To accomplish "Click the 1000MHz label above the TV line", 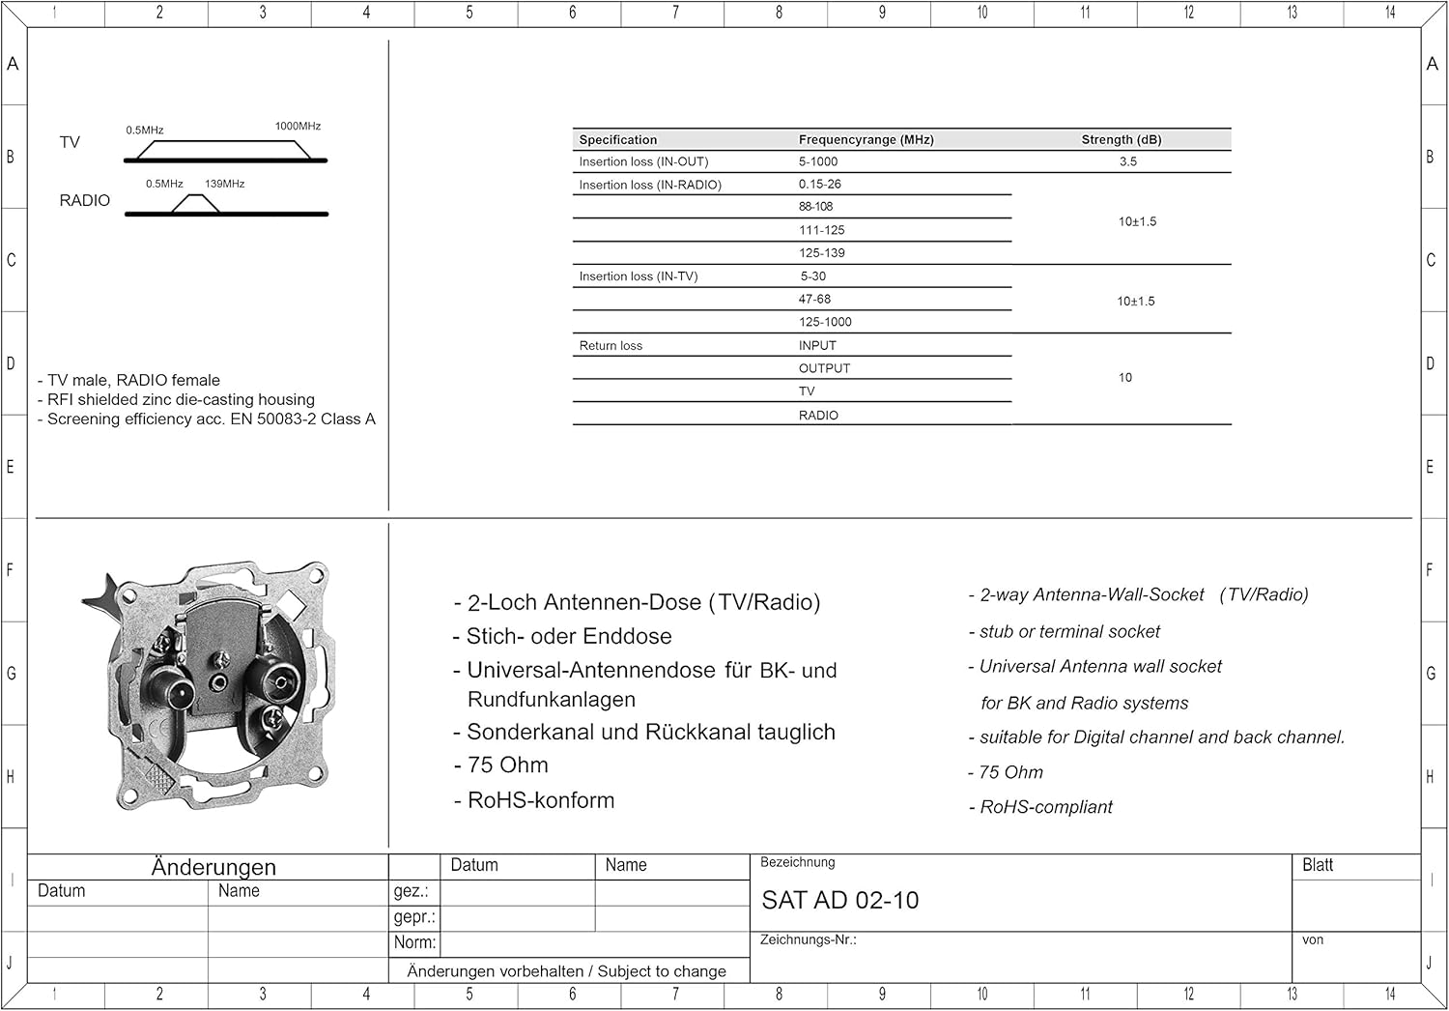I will click(x=298, y=127).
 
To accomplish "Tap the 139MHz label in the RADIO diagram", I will click(x=224, y=184).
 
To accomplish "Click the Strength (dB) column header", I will click(x=1121, y=140).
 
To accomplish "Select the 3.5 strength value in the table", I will click(x=1127, y=162).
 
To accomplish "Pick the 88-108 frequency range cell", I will click(x=815, y=207).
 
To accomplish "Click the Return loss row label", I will click(x=611, y=346).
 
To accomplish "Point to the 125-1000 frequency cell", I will click(x=825, y=323).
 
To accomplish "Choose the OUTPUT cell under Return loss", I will click(x=824, y=369).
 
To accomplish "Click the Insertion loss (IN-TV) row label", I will click(x=638, y=276).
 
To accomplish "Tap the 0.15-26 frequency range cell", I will click(x=819, y=185).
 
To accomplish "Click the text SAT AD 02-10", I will click(x=839, y=901).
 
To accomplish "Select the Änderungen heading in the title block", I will click(x=213, y=867).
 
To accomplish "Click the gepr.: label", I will click(x=414, y=917).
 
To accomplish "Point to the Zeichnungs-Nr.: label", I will click(x=808, y=940).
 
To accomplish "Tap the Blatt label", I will click(x=1317, y=866).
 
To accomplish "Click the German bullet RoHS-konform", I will click(x=540, y=801).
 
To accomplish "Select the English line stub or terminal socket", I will click(x=1069, y=632).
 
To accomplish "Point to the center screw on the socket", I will click(x=219, y=659).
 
